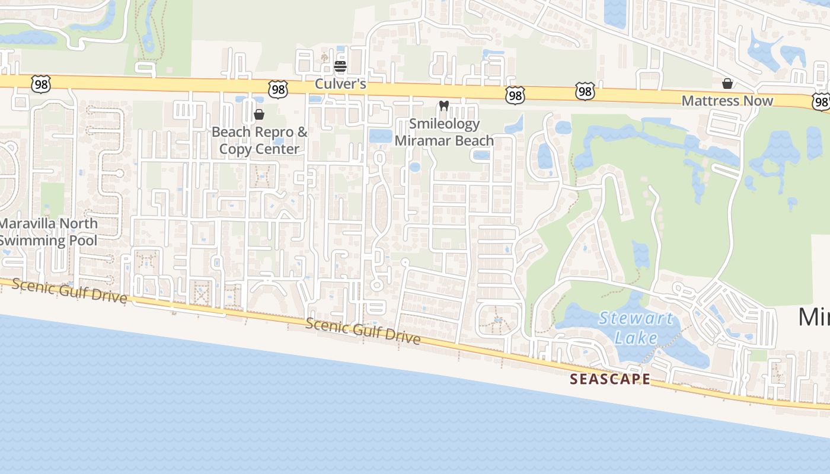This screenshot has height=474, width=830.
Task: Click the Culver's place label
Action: pyautogui.click(x=340, y=84)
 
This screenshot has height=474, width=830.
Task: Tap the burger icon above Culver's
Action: pyautogui.click(x=340, y=66)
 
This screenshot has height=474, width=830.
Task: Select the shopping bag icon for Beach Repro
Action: pyautogui.click(x=258, y=114)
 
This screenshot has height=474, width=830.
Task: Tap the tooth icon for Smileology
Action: pyautogui.click(x=443, y=106)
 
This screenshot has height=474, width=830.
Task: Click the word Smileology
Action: pyautogui.click(x=444, y=124)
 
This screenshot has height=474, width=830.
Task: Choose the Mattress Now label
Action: pyautogui.click(x=727, y=101)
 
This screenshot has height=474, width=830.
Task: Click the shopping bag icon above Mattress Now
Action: pyautogui.click(x=727, y=84)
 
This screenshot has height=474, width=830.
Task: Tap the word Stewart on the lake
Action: pyautogui.click(x=636, y=319)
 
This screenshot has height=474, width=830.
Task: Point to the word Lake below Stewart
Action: pyautogui.click(x=636, y=338)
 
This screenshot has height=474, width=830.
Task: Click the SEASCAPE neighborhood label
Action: pyautogui.click(x=610, y=379)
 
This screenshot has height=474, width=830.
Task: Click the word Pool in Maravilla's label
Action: pyautogui.click(x=83, y=241)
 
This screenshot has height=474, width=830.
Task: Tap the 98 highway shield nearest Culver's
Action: pyautogui.click(x=277, y=89)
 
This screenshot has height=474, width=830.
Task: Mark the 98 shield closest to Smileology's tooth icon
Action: pyautogui.click(x=515, y=95)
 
